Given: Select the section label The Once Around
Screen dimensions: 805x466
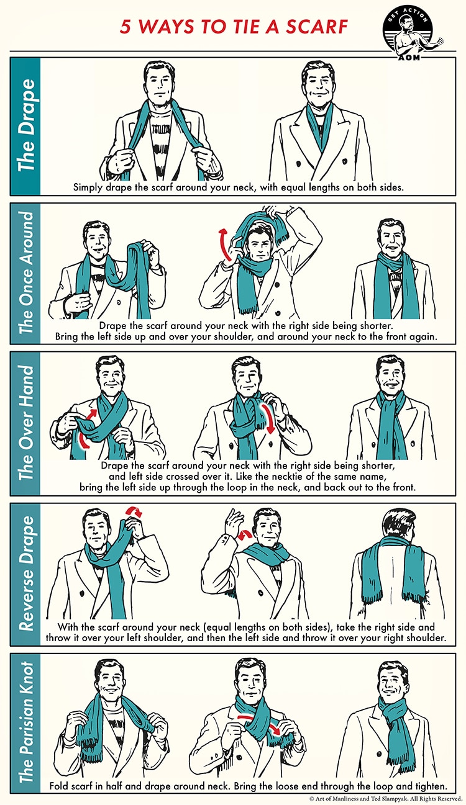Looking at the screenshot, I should (x=25, y=273).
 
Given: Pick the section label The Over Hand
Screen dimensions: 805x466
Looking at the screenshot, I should (x=25, y=423).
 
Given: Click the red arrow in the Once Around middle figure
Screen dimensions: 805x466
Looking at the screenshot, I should (x=222, y=246).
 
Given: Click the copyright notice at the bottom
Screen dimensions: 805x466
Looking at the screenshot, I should (x=385, y=799).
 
